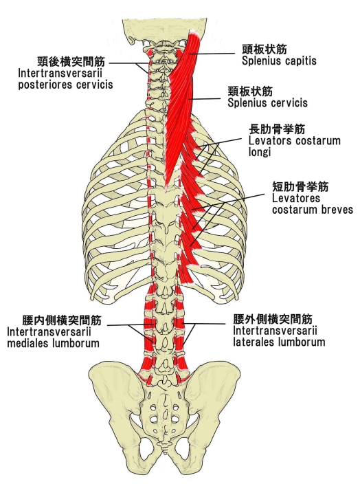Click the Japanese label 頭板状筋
click(265, 49)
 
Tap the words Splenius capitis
click(279, 60)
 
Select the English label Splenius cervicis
click(267, 103)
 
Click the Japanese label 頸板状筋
click(250, 91)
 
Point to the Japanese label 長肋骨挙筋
click(277, 129)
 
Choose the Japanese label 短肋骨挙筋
click(300, 187)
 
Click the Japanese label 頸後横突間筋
click(71, 61)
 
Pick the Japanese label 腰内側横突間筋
click(61, 320)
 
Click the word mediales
click(27, 343)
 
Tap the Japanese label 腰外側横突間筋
click(273, 319)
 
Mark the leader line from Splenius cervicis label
click(205, 99)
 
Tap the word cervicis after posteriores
click(95, 85)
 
